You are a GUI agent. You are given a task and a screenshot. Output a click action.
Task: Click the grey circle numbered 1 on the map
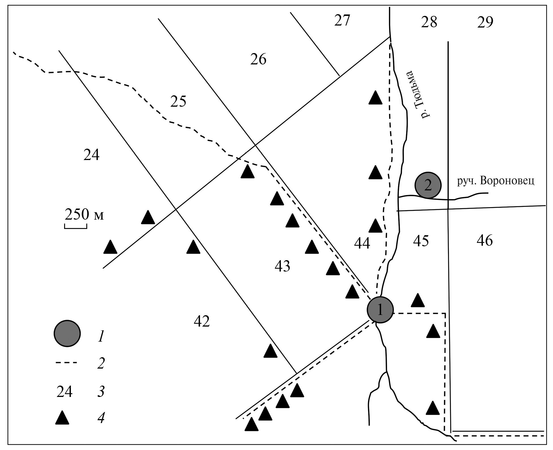380,310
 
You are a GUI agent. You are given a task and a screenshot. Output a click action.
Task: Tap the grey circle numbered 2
428,185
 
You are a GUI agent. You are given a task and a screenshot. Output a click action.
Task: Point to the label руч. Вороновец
495,181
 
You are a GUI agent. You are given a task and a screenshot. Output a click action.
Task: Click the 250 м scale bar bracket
75,226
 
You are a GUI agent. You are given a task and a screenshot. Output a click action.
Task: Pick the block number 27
342,20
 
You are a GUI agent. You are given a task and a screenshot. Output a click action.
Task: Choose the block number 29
485,22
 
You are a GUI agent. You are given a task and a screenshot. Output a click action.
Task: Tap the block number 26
258,60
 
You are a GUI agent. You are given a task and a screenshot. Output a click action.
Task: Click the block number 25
178,101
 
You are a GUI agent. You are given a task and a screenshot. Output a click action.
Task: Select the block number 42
202,321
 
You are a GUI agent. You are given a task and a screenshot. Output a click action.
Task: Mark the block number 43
282,266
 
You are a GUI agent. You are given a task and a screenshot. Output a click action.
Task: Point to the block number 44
362,243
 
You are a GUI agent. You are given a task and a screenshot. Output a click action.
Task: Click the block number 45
421,241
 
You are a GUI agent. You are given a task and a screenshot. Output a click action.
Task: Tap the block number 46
485,240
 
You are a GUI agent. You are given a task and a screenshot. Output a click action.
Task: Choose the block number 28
429,22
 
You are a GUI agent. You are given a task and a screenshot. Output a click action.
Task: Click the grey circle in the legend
67,333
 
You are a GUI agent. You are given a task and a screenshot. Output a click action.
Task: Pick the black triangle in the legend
62,418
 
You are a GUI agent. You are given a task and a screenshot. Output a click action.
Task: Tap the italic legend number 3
101,392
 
